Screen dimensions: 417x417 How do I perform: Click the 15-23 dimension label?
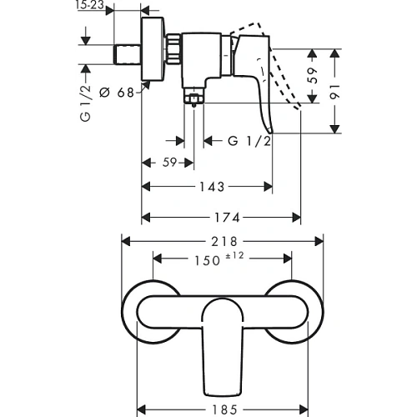(x=89, y=5)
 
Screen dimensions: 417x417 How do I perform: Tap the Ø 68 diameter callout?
(x=117, y=93)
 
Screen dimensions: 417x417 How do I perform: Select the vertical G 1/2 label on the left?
(x=85, y=103)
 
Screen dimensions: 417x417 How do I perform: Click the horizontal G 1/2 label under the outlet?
(x=249, y=141)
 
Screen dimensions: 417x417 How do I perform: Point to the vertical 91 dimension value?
(x=334, y=92)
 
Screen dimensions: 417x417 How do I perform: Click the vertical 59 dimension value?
(x=313, y=75)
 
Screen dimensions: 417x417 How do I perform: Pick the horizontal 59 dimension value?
(x=169, y=163)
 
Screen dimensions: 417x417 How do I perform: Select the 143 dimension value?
(x=212, y=187)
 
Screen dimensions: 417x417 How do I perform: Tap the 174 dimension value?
(x=227, y=218)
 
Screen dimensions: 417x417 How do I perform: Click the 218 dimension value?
(x=224, y=242)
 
